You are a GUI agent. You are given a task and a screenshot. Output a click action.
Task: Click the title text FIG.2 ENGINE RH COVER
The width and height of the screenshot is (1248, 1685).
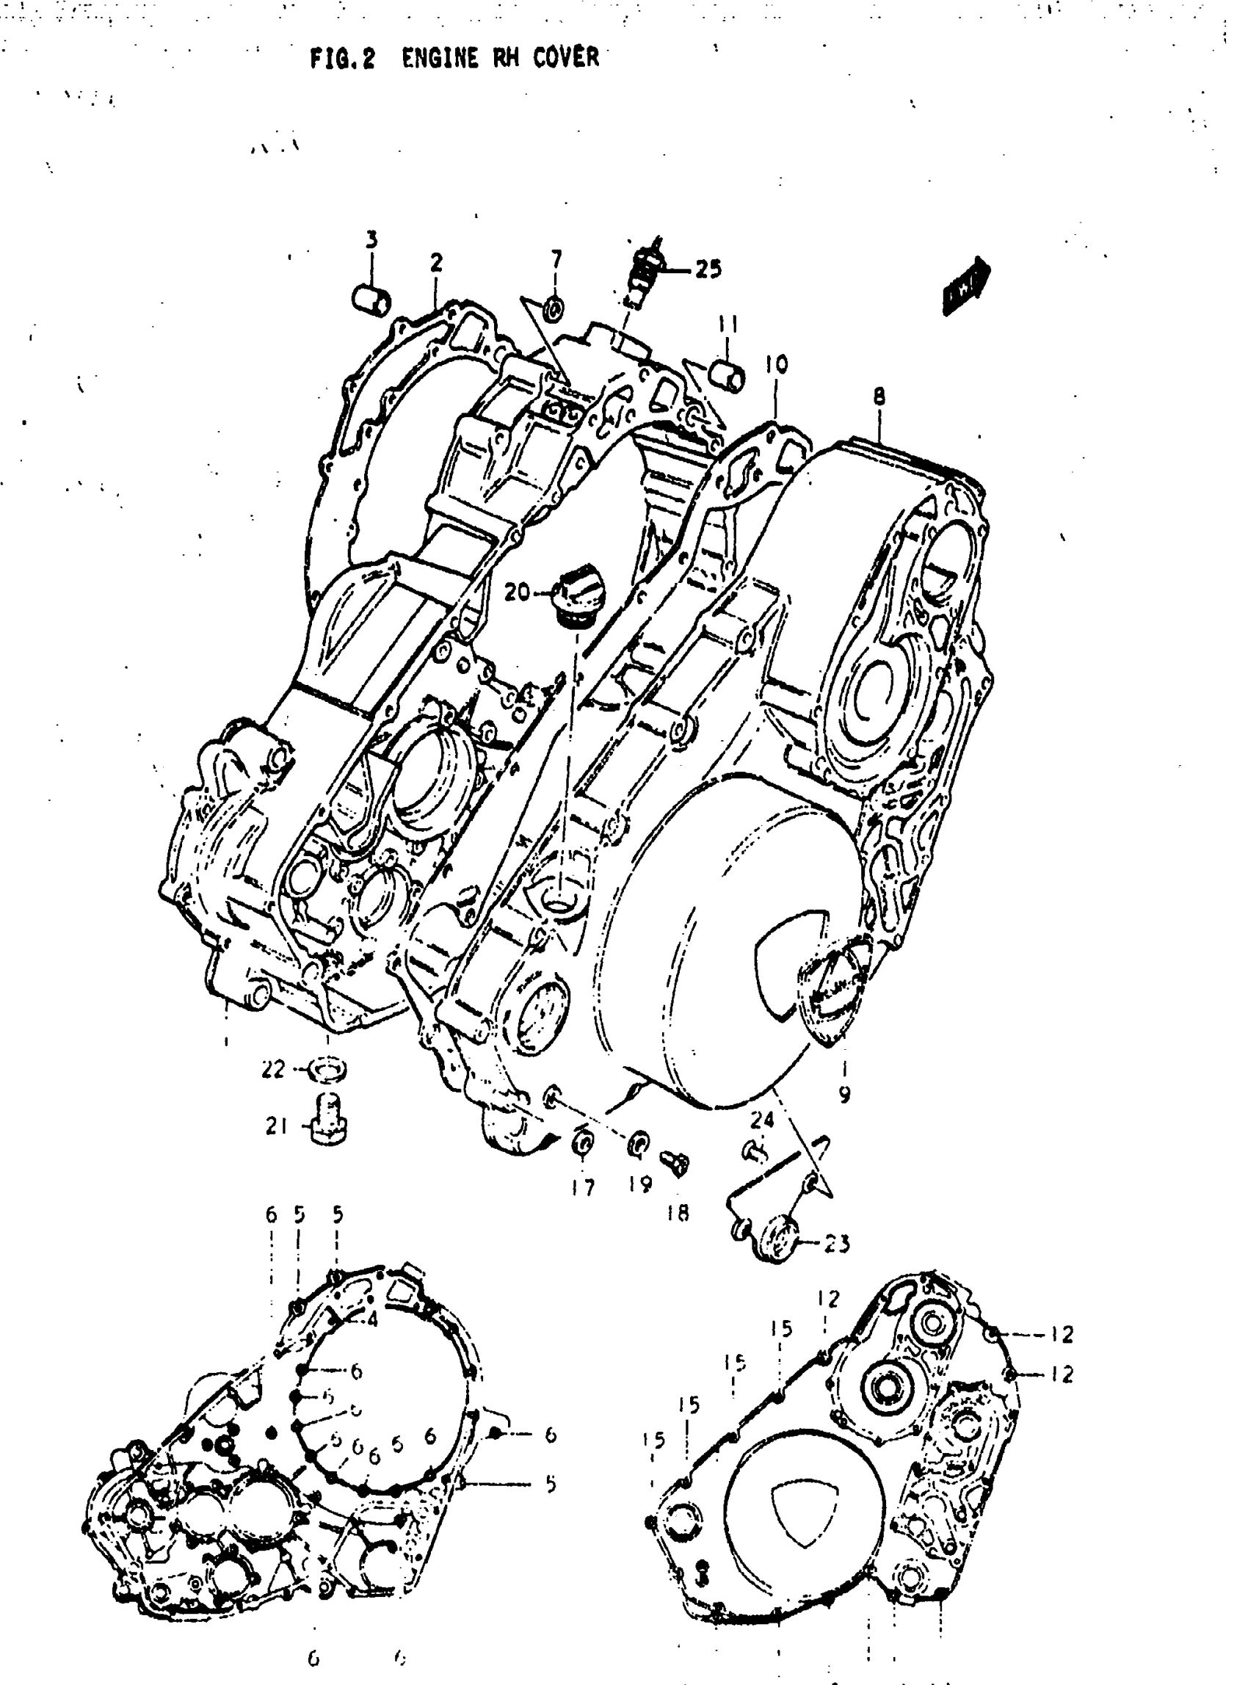pos(454,58)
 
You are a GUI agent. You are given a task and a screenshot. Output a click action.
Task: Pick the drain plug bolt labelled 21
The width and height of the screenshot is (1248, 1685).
pos(328,1124)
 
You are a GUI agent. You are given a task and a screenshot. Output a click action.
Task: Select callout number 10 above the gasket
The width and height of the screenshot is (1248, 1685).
pos(777,364)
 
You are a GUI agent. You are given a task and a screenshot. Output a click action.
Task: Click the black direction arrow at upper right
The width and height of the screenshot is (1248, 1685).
pos(966,286)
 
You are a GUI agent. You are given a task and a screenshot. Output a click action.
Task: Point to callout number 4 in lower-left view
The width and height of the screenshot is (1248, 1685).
pos(371,1319)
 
